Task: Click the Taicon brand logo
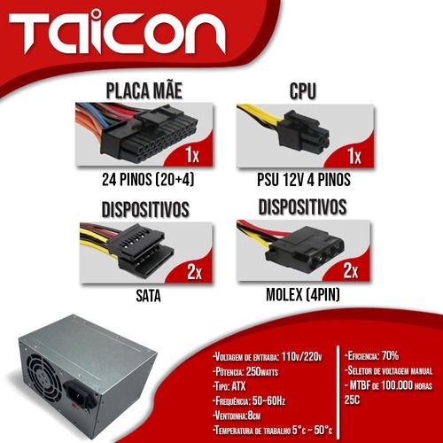click(117, 33)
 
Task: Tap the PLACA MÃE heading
click(144, 90)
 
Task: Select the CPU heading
click(303, 90)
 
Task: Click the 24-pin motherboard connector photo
click(144, 135)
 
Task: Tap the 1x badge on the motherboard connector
click(192, 154)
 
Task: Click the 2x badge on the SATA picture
click(194, 272)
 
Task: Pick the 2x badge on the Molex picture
click(351, 270)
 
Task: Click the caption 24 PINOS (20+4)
click(148, 179)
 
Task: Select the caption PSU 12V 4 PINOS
click(304, 180)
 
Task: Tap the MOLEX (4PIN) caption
click(303, 294)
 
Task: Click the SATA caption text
click(148, 296)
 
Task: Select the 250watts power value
click(262, 371)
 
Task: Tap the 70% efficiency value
click(390, 355)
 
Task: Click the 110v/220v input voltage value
click(301, 357)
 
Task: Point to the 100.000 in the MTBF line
click(397, 385)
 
